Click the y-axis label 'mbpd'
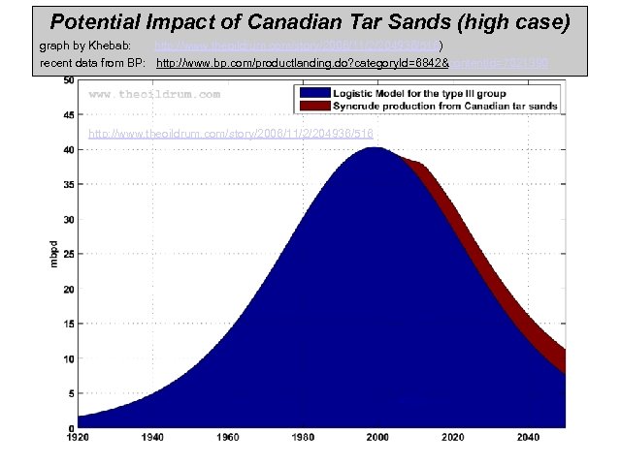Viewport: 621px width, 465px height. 55,255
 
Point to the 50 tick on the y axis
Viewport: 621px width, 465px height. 68,81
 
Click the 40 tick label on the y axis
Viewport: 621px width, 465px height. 68,150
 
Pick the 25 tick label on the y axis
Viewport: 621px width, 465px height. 68,255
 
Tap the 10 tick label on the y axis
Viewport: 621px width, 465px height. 68,359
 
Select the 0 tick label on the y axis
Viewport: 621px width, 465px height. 70,428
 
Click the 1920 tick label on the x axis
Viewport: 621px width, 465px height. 78,438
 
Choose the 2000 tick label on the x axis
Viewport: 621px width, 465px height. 376,438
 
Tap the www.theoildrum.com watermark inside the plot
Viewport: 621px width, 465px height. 154,95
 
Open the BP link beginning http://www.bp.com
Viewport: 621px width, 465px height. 302,62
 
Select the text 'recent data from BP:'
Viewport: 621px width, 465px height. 92,62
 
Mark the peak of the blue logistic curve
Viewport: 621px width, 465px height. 376,148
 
